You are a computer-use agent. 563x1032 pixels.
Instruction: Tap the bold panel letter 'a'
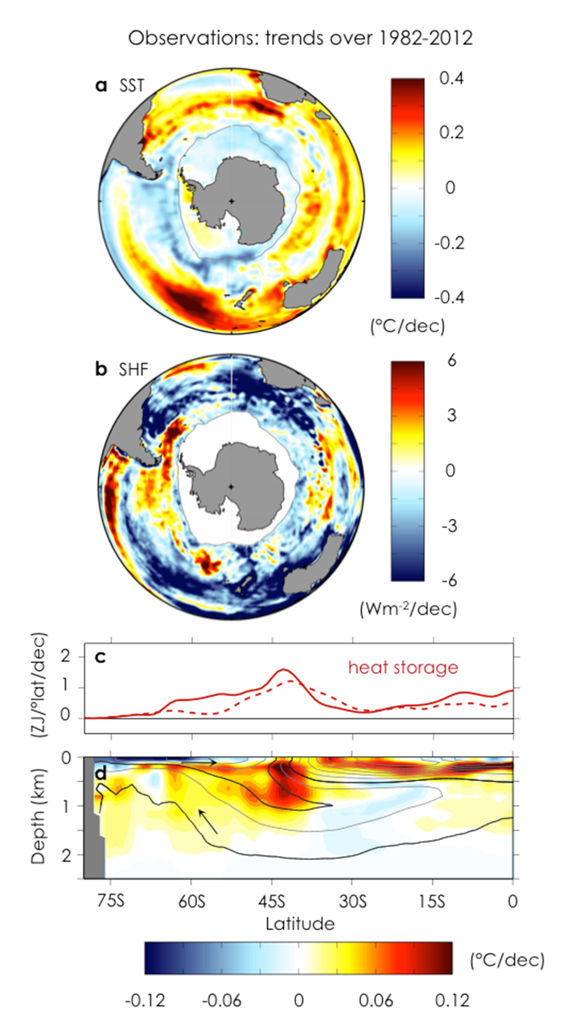(101, 86)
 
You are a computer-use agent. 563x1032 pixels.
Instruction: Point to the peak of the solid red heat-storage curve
(282, 669)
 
